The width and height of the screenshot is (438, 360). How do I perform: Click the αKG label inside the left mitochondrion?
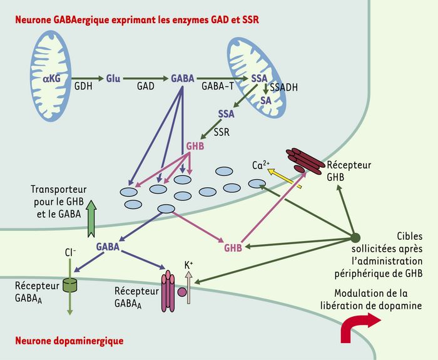click(52, 78)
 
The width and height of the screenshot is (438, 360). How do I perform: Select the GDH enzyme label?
click(83, 86)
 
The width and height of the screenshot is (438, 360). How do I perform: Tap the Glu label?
click(113, 78)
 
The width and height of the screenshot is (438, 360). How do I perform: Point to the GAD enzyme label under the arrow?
click(146, 86)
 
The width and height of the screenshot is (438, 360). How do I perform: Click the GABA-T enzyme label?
click(218, 86)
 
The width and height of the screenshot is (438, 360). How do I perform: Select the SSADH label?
click(283, 88)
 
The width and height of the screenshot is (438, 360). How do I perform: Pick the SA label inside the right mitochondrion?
click(266, 100)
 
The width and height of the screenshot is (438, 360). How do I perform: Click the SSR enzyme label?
click(222, 132)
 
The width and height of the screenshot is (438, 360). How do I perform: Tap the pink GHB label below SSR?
click(195, 146)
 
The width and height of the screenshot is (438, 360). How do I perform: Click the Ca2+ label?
click(261, 165)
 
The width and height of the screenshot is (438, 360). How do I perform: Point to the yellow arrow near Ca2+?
click(285, 178)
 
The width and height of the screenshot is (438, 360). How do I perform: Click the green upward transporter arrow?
click(91, 219)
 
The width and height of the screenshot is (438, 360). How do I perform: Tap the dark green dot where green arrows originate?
click(355, 238)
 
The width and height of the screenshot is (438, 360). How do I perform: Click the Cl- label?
click(70, 253)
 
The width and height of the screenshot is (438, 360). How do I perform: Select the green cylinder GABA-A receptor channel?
click(69, 285)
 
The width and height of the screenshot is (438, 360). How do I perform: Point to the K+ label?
click(189, 265)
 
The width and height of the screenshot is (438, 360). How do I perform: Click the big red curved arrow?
click(359, 326)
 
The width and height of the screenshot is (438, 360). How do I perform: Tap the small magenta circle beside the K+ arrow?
click(182, 292)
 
